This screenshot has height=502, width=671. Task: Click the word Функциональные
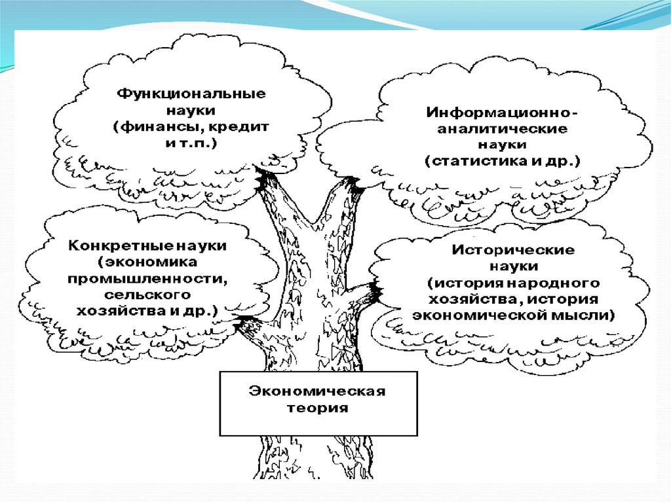coord(191,94)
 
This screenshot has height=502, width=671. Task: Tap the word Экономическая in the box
coord(317,392)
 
